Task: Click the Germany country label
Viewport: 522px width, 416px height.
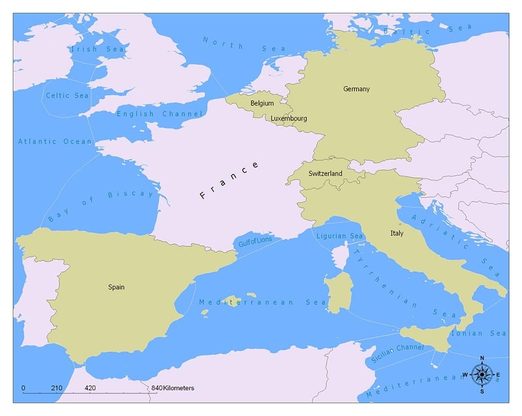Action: (356, 89)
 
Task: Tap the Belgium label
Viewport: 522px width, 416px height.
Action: (262, 103)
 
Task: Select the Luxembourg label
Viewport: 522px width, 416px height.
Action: (289, 118)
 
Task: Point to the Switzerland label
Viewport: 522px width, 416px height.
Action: (325, 173)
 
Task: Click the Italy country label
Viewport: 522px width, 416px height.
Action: (397, 233)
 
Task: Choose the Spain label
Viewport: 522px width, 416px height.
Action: (116, 287)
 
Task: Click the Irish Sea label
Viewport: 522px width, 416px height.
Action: (97, 49)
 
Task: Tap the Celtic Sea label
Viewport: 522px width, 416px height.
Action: (67, 96)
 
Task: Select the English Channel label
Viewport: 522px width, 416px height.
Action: (159, 114)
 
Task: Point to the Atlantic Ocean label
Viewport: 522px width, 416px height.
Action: (55, 141)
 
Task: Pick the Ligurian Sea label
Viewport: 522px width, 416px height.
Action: (339, 236)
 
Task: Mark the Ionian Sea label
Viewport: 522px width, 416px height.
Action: (479, 333)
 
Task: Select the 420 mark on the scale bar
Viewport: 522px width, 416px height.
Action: (90, 388)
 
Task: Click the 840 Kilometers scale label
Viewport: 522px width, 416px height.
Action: (173, 388)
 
